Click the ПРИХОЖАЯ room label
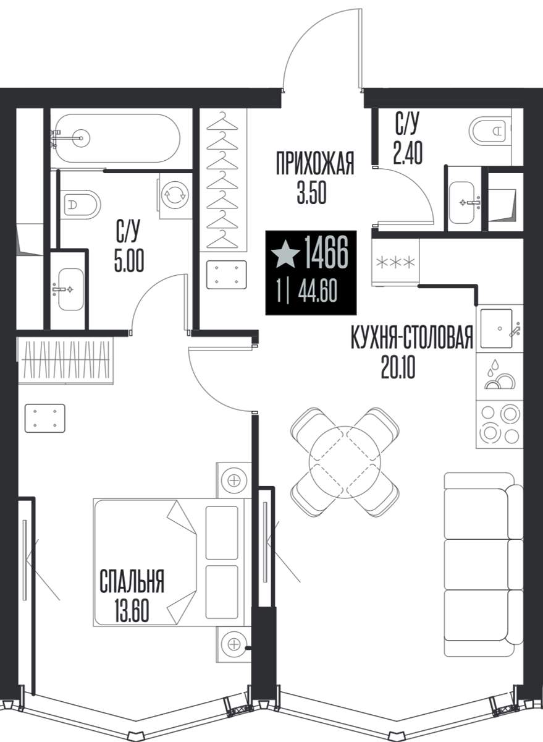click(315, 163)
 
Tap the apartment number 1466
click(326, 252)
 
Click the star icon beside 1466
click(285, 254)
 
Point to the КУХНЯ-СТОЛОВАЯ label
click(411, 337)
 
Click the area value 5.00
click(129, 262)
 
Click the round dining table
click(345, 461)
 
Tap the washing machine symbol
click(175, 195)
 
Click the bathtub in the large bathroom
click(117, 138)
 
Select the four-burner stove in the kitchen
click(500, 425)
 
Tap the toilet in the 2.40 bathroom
click(490, 131)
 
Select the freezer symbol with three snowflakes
click(396, 262)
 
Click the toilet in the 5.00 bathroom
click(81, 203)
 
